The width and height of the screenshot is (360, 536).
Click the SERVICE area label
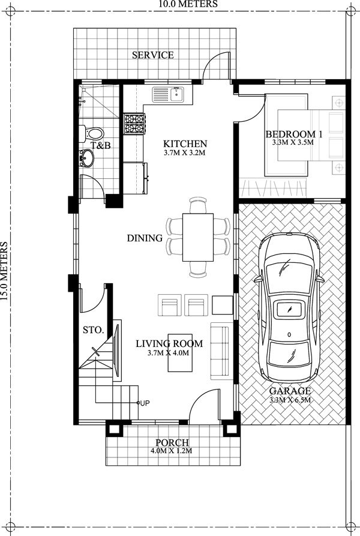(x=153, y=55)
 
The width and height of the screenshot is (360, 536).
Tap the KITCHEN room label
(x=185, y=144)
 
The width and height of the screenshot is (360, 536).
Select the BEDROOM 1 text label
(x=294, y=134)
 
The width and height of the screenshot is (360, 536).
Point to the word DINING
(x=145, y=238)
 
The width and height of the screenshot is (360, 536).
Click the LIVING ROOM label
(x=169, y=344)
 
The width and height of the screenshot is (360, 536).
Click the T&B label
(x=100, y=146)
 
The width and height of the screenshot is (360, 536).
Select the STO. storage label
(x=94, y=330)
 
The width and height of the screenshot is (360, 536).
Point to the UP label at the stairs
(x=145, y=403)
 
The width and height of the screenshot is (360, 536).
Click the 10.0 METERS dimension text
(x=181, y=4)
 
